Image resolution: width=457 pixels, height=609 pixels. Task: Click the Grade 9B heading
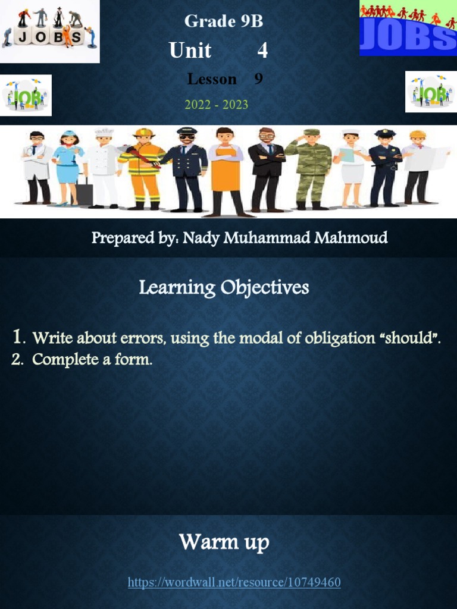pyautogui.click(x=223, y=21)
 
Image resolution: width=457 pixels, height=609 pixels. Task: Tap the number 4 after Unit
pyautogui.click(x=262, y=51)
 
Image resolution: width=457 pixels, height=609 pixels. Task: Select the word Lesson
pyautogui.click(x=212, y=79)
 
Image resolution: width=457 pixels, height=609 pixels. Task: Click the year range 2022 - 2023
pyautogui.click(x=217, y=105)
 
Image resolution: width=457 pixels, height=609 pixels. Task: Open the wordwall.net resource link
pyautogui.click(x=234, y=582)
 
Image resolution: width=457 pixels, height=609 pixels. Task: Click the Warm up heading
pyautogui.click(x=224, y=542)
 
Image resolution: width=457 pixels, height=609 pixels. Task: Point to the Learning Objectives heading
pyautogui.click(x=224, y=288)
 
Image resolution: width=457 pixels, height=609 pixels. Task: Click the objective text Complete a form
pyautogui.click(x=92, y=359)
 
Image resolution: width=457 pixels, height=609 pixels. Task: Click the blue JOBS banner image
pyautogui.click(x=408, y=29)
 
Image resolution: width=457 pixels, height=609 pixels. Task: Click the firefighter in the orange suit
pyautogui.click(x=143, y=169)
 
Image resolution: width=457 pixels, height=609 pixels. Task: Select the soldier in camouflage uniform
pyautogui.click(x=311, y=169)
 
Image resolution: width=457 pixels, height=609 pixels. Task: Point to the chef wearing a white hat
pyautogui.click(x=104, y=169)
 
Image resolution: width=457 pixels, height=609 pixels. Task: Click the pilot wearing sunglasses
pyautogui.click(x=186, y=169)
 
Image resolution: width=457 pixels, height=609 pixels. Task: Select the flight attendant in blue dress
pyautogui.click(x=68, y=169)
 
